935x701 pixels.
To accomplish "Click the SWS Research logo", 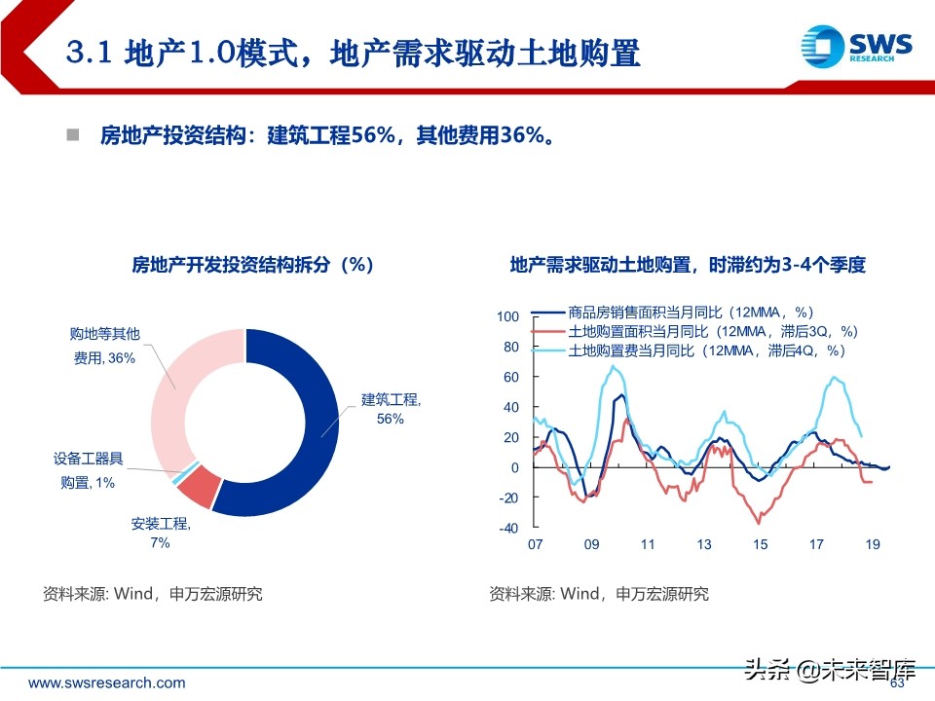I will click(857, 50).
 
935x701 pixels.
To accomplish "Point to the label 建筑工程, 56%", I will click(390, 408).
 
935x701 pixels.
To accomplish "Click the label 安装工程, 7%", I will click(161, 533).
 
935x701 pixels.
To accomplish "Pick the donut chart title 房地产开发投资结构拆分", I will click(252, 265).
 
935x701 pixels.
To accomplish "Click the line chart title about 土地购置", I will click(688, 265).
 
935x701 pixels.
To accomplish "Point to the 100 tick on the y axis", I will click(507, 316).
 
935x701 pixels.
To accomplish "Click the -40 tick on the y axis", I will click(507, 529).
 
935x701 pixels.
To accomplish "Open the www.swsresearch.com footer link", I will click(106, 683).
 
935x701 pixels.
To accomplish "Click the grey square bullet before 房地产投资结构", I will click(71, 133).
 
